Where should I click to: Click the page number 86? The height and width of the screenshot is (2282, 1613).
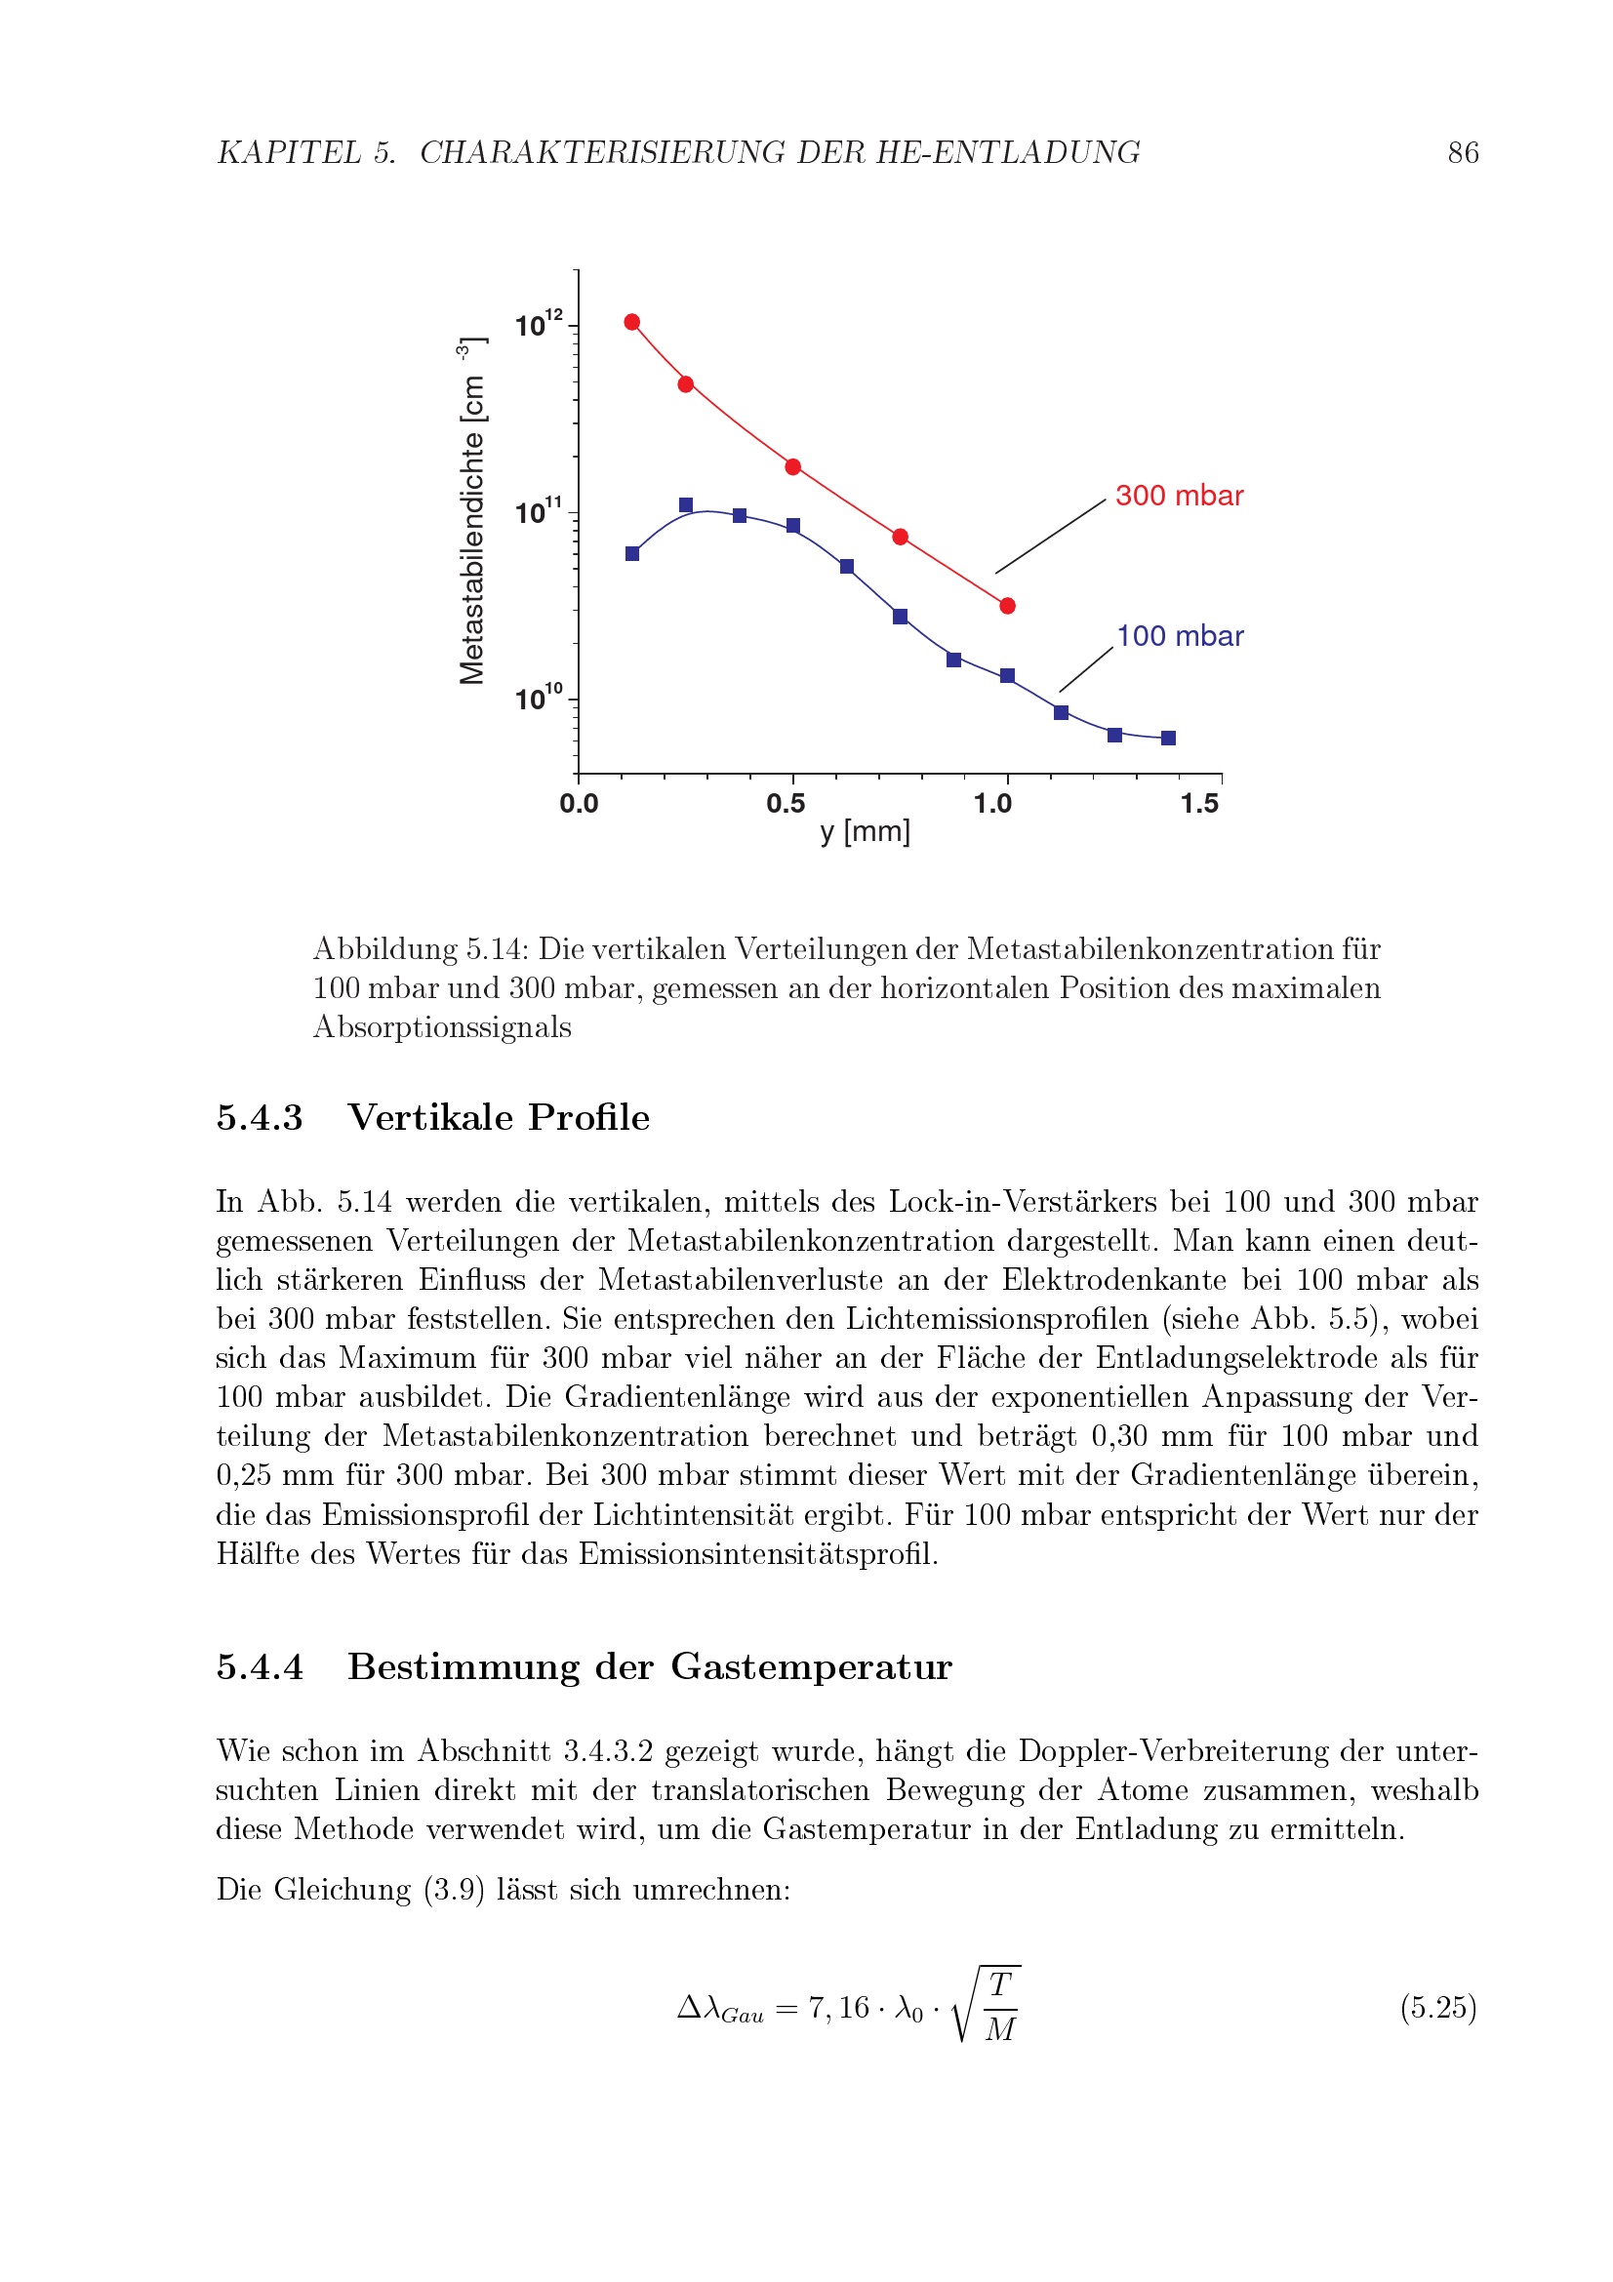[x=1462, y=153]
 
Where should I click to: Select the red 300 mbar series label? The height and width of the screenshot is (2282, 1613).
[x=1179, y=496]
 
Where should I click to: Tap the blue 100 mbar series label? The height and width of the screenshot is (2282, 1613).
[x=1180, y=636]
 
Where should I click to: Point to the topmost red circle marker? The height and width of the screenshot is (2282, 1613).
[x=632, y=322]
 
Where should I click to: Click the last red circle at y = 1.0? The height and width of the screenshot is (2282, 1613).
[x=1008, y=606]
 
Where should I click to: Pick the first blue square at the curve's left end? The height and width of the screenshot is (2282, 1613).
[x=632, y=553]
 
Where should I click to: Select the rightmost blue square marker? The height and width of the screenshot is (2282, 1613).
[x=1169, y=739]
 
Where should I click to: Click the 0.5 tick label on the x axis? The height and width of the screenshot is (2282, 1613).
[x=786, y=804]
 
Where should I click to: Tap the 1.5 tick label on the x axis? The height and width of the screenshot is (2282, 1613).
[x=1199, y=804]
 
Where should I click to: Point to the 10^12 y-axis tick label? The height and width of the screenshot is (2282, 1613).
[x=538, y=324]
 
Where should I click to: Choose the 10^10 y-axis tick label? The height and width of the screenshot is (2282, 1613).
[x=538, y=699]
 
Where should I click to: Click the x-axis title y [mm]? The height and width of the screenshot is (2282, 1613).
[x=865, y=832]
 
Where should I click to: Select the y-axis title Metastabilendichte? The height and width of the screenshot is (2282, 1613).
[x=472, y=527]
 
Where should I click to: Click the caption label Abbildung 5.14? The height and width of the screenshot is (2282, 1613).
[x=422, y=949]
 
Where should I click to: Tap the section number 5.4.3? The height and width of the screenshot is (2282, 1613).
[x=260, y=1118]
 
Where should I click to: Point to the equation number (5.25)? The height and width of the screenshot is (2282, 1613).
[x=1438, y=2008]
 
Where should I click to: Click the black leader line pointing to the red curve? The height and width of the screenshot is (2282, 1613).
[x=1051, y=537]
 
